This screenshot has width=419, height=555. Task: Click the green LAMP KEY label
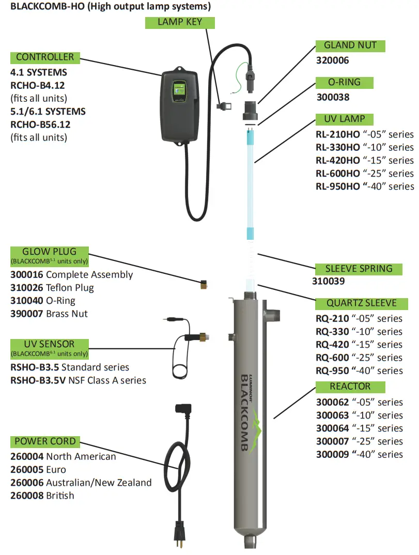179,22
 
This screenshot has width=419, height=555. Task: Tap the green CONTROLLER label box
45,57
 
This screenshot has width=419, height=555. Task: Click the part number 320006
332,60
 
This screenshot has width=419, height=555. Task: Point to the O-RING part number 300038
332,97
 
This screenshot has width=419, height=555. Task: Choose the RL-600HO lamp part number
338,174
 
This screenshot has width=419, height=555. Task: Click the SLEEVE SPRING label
359,269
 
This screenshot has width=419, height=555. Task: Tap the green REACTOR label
350,387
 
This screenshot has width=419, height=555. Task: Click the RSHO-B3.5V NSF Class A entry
78,380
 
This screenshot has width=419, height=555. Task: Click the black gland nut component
252,109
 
